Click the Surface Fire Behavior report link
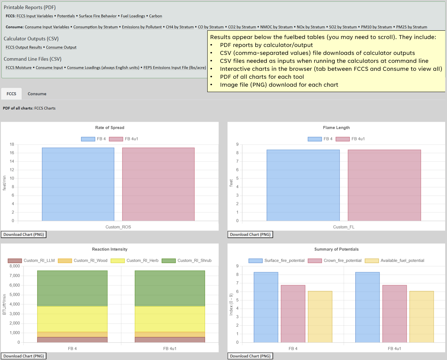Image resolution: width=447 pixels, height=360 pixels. [x=97, y=16]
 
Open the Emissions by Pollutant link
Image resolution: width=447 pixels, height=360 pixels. [x=142, y=27]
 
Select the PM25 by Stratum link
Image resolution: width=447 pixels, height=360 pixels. [x=411, y=27]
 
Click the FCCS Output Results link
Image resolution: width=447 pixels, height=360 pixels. [x=24, y=47]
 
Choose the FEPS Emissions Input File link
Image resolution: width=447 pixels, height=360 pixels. [x=174, y=68]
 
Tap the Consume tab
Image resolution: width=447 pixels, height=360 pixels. [x=37, y=94]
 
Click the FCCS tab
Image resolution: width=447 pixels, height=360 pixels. [x=11, y=94]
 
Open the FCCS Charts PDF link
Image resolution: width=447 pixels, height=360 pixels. [x=45, y=108]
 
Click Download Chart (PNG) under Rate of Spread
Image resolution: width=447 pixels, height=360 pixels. [x=23, y=235]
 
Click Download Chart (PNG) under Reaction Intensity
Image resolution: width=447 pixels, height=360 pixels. [x=23, y=356]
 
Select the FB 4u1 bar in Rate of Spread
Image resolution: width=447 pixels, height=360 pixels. [x=158, y=184]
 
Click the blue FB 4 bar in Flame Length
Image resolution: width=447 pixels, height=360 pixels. [x=303, y=185]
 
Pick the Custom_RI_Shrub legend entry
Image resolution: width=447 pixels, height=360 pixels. [x=187, y=261]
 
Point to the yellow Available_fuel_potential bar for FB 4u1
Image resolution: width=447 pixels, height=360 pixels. [x=421, y=317]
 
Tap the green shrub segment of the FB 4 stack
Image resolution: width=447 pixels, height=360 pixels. [x=72, y=289]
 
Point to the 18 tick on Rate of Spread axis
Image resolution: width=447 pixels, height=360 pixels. [x=12, y=144]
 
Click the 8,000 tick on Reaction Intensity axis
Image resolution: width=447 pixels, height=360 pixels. [x=15, y=266]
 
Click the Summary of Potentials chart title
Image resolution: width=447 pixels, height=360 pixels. [x=336, y=250]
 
